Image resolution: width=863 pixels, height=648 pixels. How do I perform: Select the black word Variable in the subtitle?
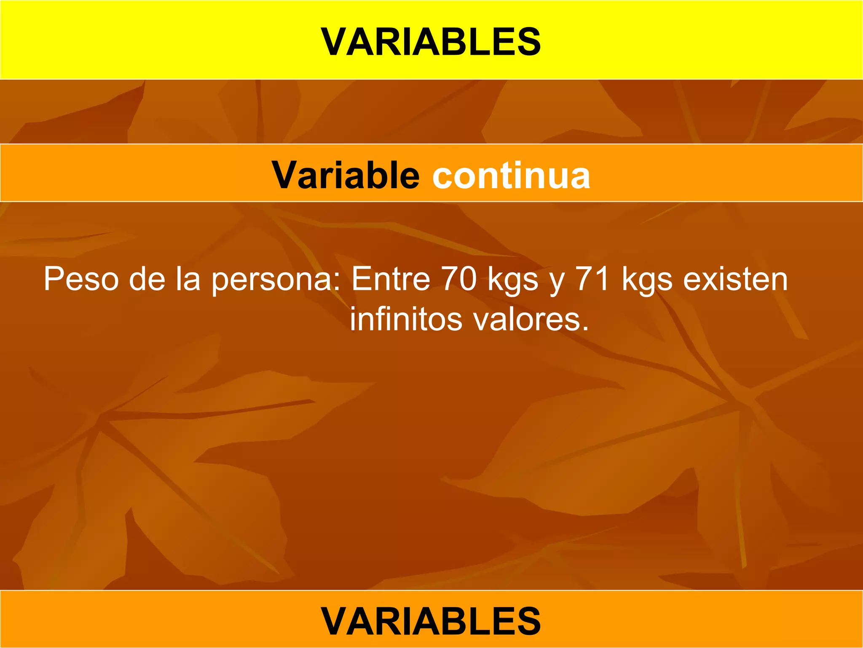(346, 175)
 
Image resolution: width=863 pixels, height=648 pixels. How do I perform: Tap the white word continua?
(511, 175)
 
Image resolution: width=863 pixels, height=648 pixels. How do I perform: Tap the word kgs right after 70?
(513, 280)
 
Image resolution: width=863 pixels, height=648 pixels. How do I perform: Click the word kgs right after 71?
(647, 280)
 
